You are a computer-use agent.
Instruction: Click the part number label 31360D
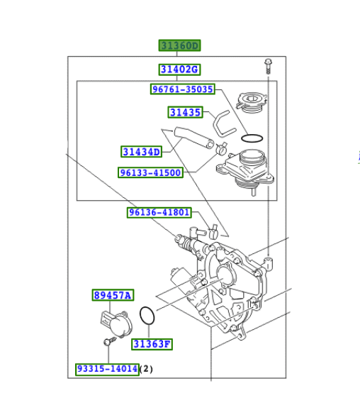point(179,46)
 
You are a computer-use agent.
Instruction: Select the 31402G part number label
point(179,70)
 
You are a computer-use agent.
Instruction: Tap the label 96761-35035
point(183,89)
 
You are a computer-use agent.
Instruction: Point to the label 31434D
point(142,151)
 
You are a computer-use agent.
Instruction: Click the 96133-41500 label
point(150,172)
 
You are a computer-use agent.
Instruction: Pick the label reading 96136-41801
point(159,212)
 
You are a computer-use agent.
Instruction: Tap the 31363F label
point(152,344)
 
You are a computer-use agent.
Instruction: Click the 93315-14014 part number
point(107,369)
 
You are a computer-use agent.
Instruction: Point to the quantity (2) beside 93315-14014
point(146,369)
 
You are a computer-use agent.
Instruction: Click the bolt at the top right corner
point(267,66)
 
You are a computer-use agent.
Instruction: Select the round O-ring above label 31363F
point(147,317)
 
